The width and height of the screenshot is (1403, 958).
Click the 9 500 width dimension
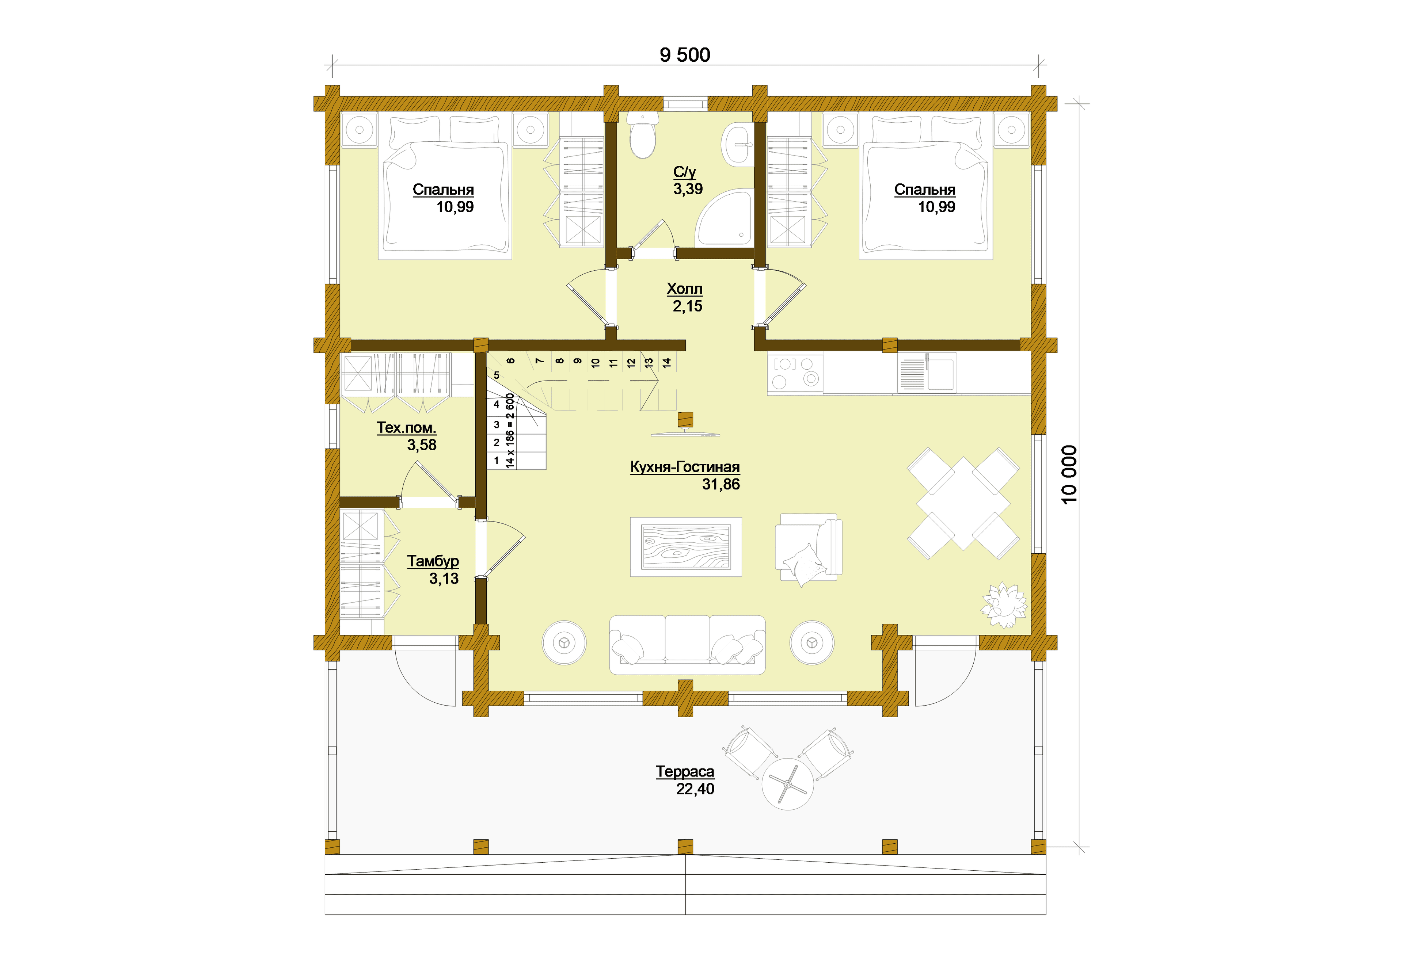tap(685, 55)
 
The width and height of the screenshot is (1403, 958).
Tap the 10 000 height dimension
tap(1069, 474)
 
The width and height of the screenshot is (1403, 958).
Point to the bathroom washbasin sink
tap(738, 144)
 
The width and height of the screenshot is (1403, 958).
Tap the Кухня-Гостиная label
tap(685, 467)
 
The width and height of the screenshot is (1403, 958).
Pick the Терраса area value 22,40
tap(695, 789)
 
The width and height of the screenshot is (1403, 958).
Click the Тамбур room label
tap(433, 561)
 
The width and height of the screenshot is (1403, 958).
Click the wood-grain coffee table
tap(686, 546)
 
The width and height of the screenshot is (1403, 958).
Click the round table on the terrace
tap(787, 783)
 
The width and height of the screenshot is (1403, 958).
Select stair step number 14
tap(666, 363)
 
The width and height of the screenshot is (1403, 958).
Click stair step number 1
tap(496, 461)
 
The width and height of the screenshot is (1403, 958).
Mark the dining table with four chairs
tap(963, 503)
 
